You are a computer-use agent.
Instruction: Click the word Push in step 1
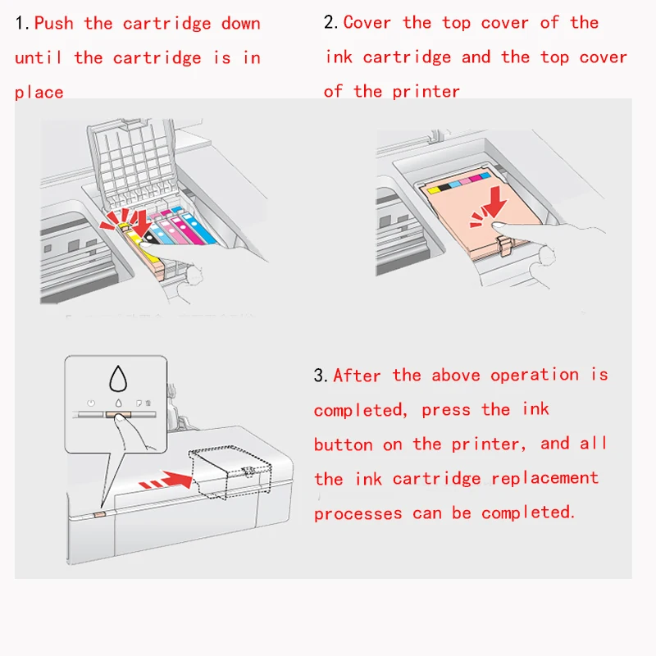(x=53, y=23)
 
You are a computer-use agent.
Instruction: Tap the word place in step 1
(x=39, y=92)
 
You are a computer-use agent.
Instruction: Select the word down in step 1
(x=240, y=24)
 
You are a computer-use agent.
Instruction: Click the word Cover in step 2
(x=367, y=22)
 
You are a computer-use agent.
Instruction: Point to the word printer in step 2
(x=426, y=92)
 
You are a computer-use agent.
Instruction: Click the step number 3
(x=321, y=376)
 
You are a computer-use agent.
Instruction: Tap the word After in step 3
(x=357, y=376)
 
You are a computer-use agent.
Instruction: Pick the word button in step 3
(x=343, y=444)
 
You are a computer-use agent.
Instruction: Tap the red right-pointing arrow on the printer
(x=166, y=481)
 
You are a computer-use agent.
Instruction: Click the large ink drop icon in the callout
(x=118, y=379)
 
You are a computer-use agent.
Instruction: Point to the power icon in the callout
(x=91, y=403)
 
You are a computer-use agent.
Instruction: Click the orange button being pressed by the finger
(x=118, y=415)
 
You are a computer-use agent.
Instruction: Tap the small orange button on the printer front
(x=99, y=514)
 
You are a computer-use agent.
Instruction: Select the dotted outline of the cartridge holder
(x=230, y=472)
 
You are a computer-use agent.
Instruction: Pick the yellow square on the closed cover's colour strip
(x=434, y=190)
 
